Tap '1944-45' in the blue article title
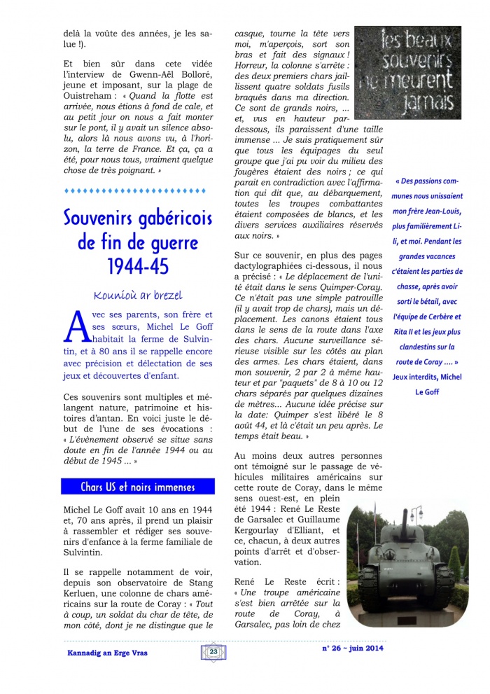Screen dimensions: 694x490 (x=137, y=267)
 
